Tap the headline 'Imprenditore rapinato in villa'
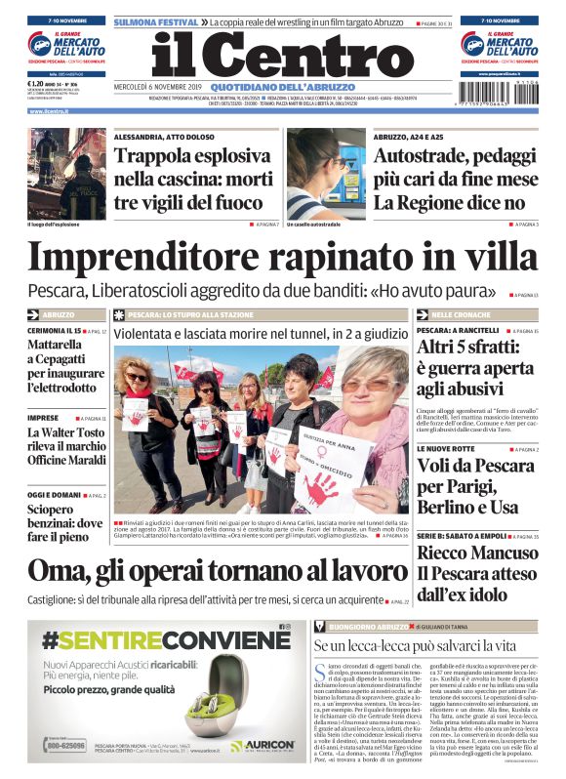pyautogui.click(x=282, y=256)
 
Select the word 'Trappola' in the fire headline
pyautogui.click(x=152, y=156)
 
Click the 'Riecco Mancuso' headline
pyautogui.click(x=475, y=553)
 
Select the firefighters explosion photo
pyautogui.click(x=66, y=175)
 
